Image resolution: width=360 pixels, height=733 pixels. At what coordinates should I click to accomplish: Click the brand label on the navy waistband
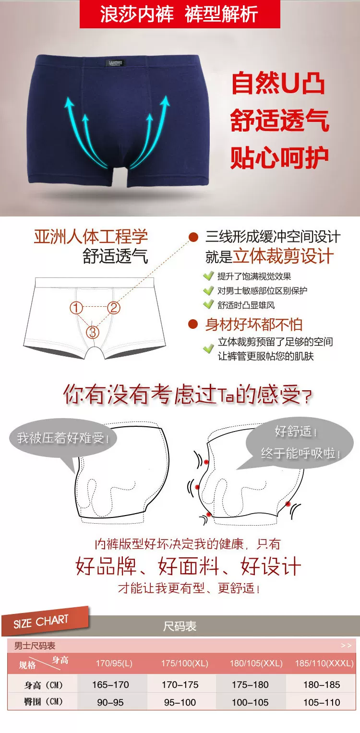coord(116,62)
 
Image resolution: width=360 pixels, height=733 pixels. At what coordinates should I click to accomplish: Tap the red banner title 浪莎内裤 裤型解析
coord(180,14)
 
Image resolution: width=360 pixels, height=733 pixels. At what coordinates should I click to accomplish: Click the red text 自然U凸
coord(278,83)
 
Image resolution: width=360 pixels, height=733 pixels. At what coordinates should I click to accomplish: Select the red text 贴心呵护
coord(279,158)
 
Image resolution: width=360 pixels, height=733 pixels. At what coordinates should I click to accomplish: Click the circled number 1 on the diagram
coord(76,308)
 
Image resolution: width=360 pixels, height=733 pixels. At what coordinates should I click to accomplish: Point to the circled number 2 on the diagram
coord(114,308)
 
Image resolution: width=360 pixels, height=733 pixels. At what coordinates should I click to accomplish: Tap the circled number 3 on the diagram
coord(93,332)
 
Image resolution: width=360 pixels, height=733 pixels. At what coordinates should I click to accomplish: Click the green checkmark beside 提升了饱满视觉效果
coord(208,276)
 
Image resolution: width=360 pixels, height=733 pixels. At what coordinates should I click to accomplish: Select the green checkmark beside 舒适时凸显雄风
coord(208,304)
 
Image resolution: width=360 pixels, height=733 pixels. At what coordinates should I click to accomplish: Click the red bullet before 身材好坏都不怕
coord(193,324)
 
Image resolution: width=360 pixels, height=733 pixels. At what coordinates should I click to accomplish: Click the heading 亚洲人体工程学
coord(91,237)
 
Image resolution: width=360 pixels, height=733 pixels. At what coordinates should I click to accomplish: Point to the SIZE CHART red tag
coord(45,621)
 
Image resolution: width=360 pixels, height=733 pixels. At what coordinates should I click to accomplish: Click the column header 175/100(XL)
coord(185,663)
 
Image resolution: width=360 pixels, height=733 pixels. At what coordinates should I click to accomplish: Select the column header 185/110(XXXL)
coord(324,663)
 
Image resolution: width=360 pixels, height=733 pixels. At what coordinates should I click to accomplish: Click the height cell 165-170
coord(110,685)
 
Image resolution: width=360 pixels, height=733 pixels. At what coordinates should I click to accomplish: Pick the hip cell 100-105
coord(250,702)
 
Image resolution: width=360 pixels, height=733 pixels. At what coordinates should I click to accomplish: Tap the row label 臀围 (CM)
coord(43,702)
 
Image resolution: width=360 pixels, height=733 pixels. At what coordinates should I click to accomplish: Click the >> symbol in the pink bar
coord(346,646)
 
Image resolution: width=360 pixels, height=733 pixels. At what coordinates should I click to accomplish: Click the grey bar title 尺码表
coord(180,626)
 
